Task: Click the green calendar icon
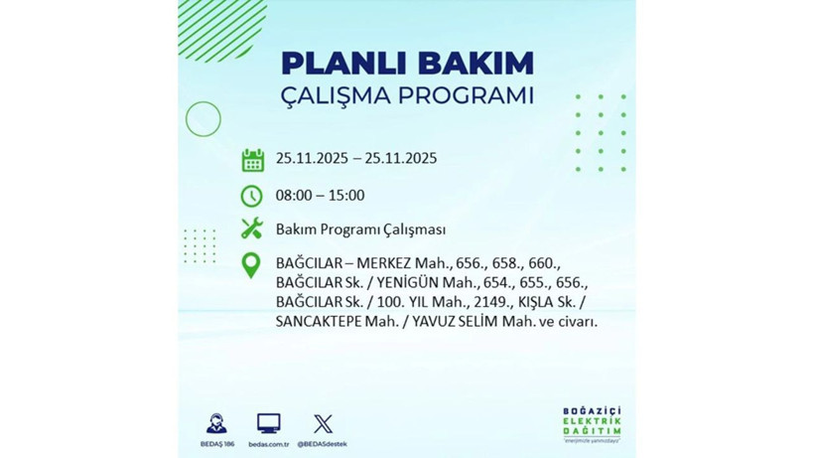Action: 252,160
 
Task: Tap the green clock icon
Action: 252,196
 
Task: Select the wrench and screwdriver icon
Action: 252,229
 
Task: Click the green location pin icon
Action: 252,265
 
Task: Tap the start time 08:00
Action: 295,196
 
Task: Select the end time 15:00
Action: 345,196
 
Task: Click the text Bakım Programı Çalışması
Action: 360,230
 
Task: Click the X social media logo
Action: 323,423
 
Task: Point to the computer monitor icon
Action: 268,423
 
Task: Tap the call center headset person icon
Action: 215,423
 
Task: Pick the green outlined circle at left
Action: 203,119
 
